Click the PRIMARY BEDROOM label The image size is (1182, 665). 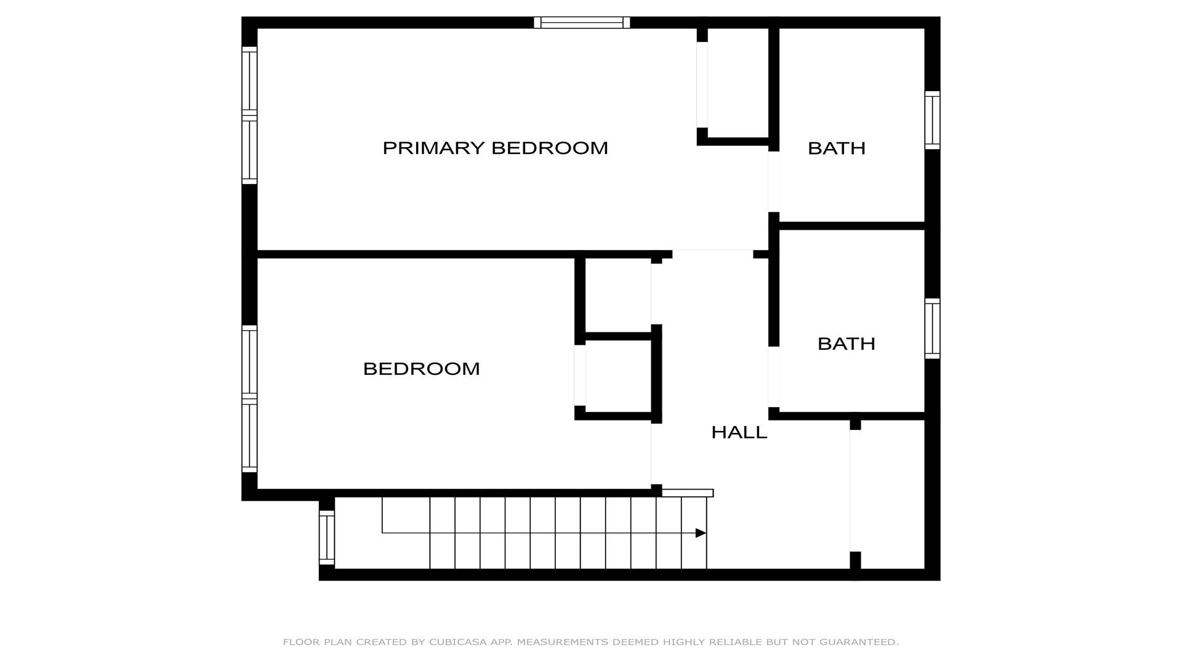pos(495,148)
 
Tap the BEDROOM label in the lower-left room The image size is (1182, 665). pos(421,369)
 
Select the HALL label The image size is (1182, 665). pos(739,432)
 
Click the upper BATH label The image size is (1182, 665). pos(836,148)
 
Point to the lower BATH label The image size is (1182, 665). pos(846,344)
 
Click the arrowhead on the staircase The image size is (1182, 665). pos(701,533)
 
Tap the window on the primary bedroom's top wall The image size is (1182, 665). pos(582,23)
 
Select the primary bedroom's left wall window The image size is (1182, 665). pos(249,115)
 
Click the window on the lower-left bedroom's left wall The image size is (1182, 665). pos(249,399)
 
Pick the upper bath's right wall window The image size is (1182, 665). pos(933,120)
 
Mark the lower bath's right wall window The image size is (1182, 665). pos(933,329)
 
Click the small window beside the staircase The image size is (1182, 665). pos(327,538)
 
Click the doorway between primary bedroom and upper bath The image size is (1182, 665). pos(774,182)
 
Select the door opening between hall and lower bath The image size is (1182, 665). pos(774,377)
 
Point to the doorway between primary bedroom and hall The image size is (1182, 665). pos(712,254)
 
